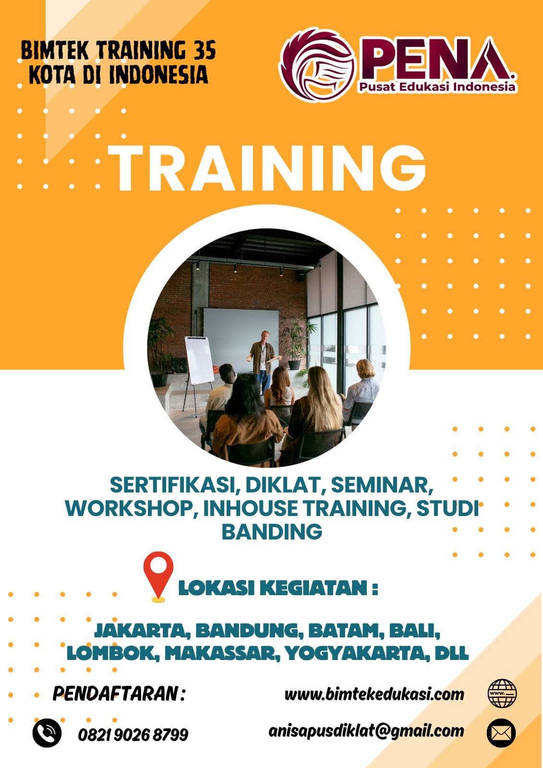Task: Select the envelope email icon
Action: coord(501,732)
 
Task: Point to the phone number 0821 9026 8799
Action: coord(133,735)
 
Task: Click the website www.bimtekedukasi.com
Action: coord(374,695)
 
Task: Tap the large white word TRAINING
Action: coord(267,168)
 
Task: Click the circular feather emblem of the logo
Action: coord(318,65)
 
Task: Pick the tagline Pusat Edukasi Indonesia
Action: coord(437,87)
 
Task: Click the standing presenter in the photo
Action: coord(263,361)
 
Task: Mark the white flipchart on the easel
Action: coord(199,360)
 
